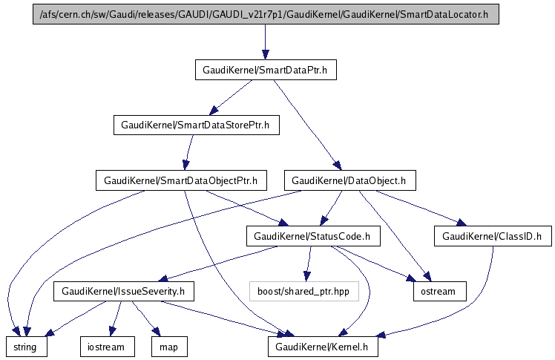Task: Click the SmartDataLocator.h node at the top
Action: tap(265, 15)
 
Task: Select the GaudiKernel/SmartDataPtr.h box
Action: tap(265, 71)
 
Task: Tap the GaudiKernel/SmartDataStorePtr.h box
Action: tap(196, 125)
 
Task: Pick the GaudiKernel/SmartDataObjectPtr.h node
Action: tap(180, 180)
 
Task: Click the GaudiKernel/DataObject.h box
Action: tap(349, 180)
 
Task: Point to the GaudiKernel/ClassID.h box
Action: tap(492, 237)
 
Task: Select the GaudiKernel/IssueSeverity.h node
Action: tap(123, 291)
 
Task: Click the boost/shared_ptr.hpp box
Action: tap(303, 291)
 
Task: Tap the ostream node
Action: tap(439, 291)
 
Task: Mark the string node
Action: tap(27, 346)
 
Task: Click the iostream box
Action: tap(108, 346)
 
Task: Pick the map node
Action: tap(169, 346)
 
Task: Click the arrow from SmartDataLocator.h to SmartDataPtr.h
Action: tap(265, 42)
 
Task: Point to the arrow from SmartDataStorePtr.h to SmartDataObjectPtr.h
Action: tap(188, 153)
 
